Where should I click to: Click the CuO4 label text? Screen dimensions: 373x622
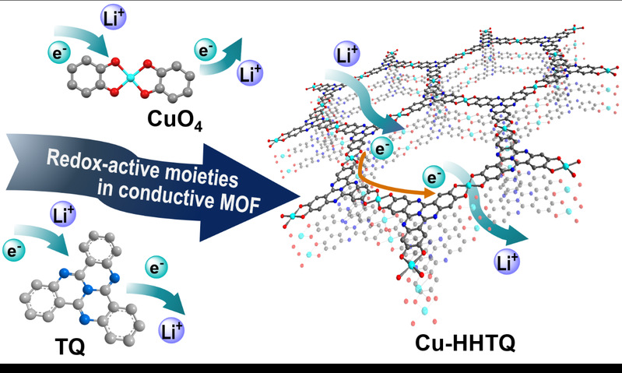tap(175, 119)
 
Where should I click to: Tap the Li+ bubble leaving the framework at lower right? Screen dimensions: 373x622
tap(507, 262)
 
